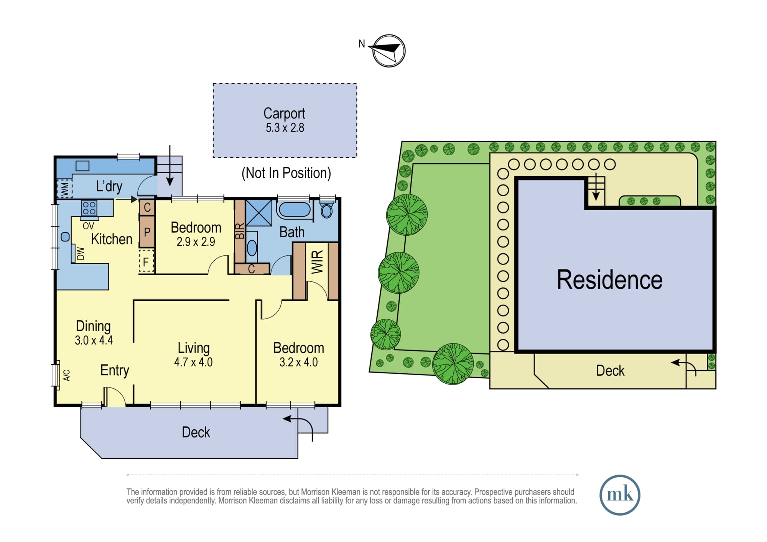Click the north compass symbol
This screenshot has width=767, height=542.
click(388, 51)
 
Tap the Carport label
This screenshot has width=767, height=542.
click(284, 113)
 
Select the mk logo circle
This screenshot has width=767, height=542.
click(620, 495)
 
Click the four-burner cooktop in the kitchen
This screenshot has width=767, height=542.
click(89, 208)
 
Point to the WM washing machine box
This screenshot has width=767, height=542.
click(64, 189)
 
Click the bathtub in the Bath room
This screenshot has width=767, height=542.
click(295, 210)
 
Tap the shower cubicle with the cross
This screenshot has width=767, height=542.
click(259, 213)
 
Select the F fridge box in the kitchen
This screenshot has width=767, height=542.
click(146, 261)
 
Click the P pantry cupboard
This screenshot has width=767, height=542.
click(147, 232)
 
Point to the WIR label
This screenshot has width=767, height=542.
click(317, 262)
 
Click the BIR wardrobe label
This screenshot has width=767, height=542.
click(240, 231)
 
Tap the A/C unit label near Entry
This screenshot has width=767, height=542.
click(67, 375)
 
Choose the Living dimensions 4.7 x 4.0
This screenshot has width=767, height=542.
click(193, 362)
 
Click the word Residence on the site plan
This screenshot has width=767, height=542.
click(609, 280)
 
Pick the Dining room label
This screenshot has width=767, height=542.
click(93, 326)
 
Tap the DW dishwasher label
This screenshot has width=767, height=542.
click(81, 253)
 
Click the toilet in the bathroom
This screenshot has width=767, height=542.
click(327, 210)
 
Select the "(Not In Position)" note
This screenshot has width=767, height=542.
click(286, 173)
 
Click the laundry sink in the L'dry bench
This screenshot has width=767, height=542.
click(82, 166)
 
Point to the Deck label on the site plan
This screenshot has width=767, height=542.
click(610, 371)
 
